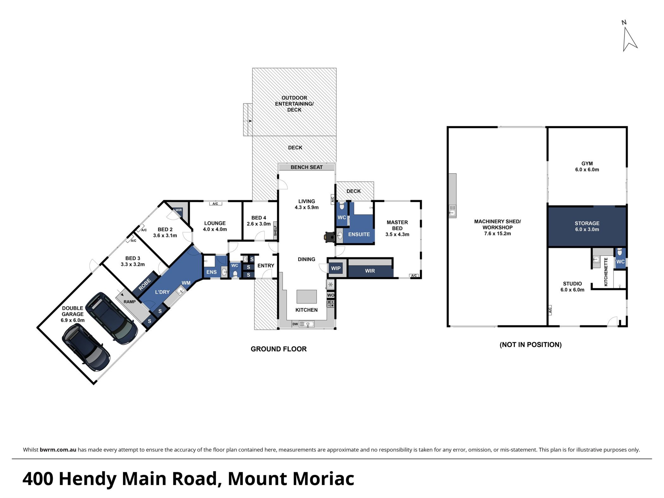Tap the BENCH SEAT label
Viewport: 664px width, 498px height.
point(306,167)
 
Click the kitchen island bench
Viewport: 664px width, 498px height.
point(306,297)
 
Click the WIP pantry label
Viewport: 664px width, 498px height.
point(336,268)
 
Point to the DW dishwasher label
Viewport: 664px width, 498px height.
point(295,324)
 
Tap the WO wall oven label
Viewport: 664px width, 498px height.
point(330,295)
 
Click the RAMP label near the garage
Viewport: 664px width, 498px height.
point(130,302)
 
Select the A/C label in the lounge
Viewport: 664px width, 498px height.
point(215,204)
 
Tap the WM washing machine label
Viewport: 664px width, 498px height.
point(186,283)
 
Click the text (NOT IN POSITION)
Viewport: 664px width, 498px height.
point(530,345)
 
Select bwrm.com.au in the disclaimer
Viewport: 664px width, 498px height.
point(58,450)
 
